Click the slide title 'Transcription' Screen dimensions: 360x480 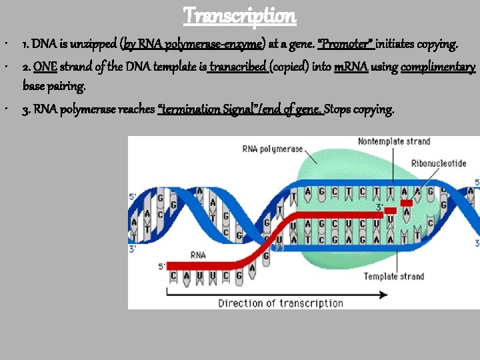[240, 15]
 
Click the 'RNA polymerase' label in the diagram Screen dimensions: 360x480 [273, 149]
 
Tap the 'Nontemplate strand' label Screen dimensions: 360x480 [394, 141]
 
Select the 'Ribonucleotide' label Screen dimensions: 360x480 [439, 163]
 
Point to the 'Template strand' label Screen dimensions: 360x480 [394, 276]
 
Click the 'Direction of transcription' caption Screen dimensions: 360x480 [281, 303]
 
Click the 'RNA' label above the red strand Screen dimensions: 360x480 [198, 255]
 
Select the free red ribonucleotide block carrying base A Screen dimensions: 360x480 [405, 203]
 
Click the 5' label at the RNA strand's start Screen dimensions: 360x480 [162, 267]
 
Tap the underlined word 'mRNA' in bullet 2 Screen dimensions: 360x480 [351, 67]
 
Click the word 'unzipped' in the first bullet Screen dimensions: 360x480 [95, 45]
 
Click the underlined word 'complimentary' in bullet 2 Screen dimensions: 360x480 [437, 67]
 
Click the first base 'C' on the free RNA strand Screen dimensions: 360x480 [173, 275]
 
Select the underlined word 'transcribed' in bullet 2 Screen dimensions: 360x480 [238, 67]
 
